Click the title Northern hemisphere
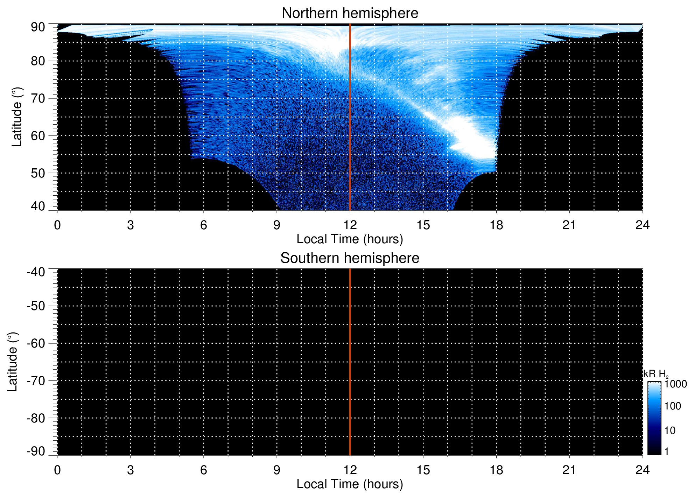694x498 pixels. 350,13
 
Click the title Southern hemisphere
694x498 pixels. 350,258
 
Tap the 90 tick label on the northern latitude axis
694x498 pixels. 38,27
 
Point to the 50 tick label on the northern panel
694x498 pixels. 38,173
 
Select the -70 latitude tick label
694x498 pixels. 36,381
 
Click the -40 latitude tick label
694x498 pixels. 36,272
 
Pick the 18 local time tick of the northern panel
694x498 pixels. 496,225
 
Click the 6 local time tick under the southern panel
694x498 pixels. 204,470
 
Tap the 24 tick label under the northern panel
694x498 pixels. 642,225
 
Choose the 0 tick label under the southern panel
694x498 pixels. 57,470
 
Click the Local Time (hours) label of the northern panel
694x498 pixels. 350,239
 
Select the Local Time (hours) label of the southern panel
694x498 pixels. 350,484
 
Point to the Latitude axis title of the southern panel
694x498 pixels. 13,362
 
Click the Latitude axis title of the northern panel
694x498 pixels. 17,117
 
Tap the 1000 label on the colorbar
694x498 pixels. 675,384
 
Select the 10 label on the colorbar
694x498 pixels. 670,430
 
